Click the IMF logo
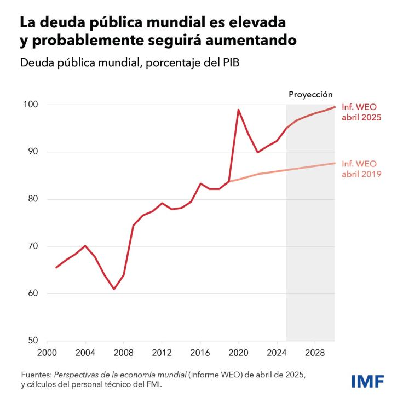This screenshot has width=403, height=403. tap(367, 381)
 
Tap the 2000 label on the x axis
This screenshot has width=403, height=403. tap(47, 352)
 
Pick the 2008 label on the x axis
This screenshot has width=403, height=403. tap(123, 352)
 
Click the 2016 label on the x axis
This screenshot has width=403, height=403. tap(200, 352)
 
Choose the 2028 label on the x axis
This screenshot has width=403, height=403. tap(315, 352)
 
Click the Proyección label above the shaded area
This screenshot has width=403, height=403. tap(310, 95)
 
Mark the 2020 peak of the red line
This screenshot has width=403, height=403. tap(238, 110)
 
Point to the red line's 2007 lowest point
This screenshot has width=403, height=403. tap(114, 289)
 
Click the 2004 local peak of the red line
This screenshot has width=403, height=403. tap(85, 246)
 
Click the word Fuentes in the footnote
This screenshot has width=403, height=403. tap(35, 375)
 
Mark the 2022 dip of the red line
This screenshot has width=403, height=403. tap(257, 152)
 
